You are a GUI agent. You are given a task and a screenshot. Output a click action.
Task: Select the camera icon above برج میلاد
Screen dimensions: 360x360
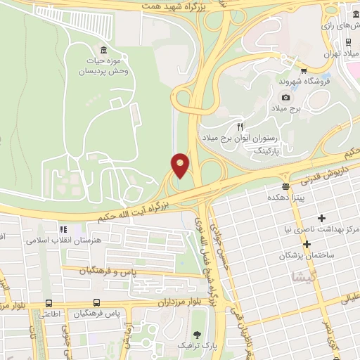tap(285, 97)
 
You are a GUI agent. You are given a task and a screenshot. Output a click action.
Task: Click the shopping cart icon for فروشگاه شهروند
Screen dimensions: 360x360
tap(303, 70)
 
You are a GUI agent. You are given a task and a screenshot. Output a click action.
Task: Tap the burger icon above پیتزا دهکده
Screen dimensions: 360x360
tap(285, 186)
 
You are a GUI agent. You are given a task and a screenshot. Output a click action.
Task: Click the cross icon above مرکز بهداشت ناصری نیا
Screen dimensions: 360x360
tap(322, 218)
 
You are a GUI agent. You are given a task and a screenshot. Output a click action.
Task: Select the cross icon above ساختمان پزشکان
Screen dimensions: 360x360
tap(307, 243)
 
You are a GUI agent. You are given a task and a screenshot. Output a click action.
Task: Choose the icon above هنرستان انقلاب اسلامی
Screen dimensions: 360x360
tap(63, 229)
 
